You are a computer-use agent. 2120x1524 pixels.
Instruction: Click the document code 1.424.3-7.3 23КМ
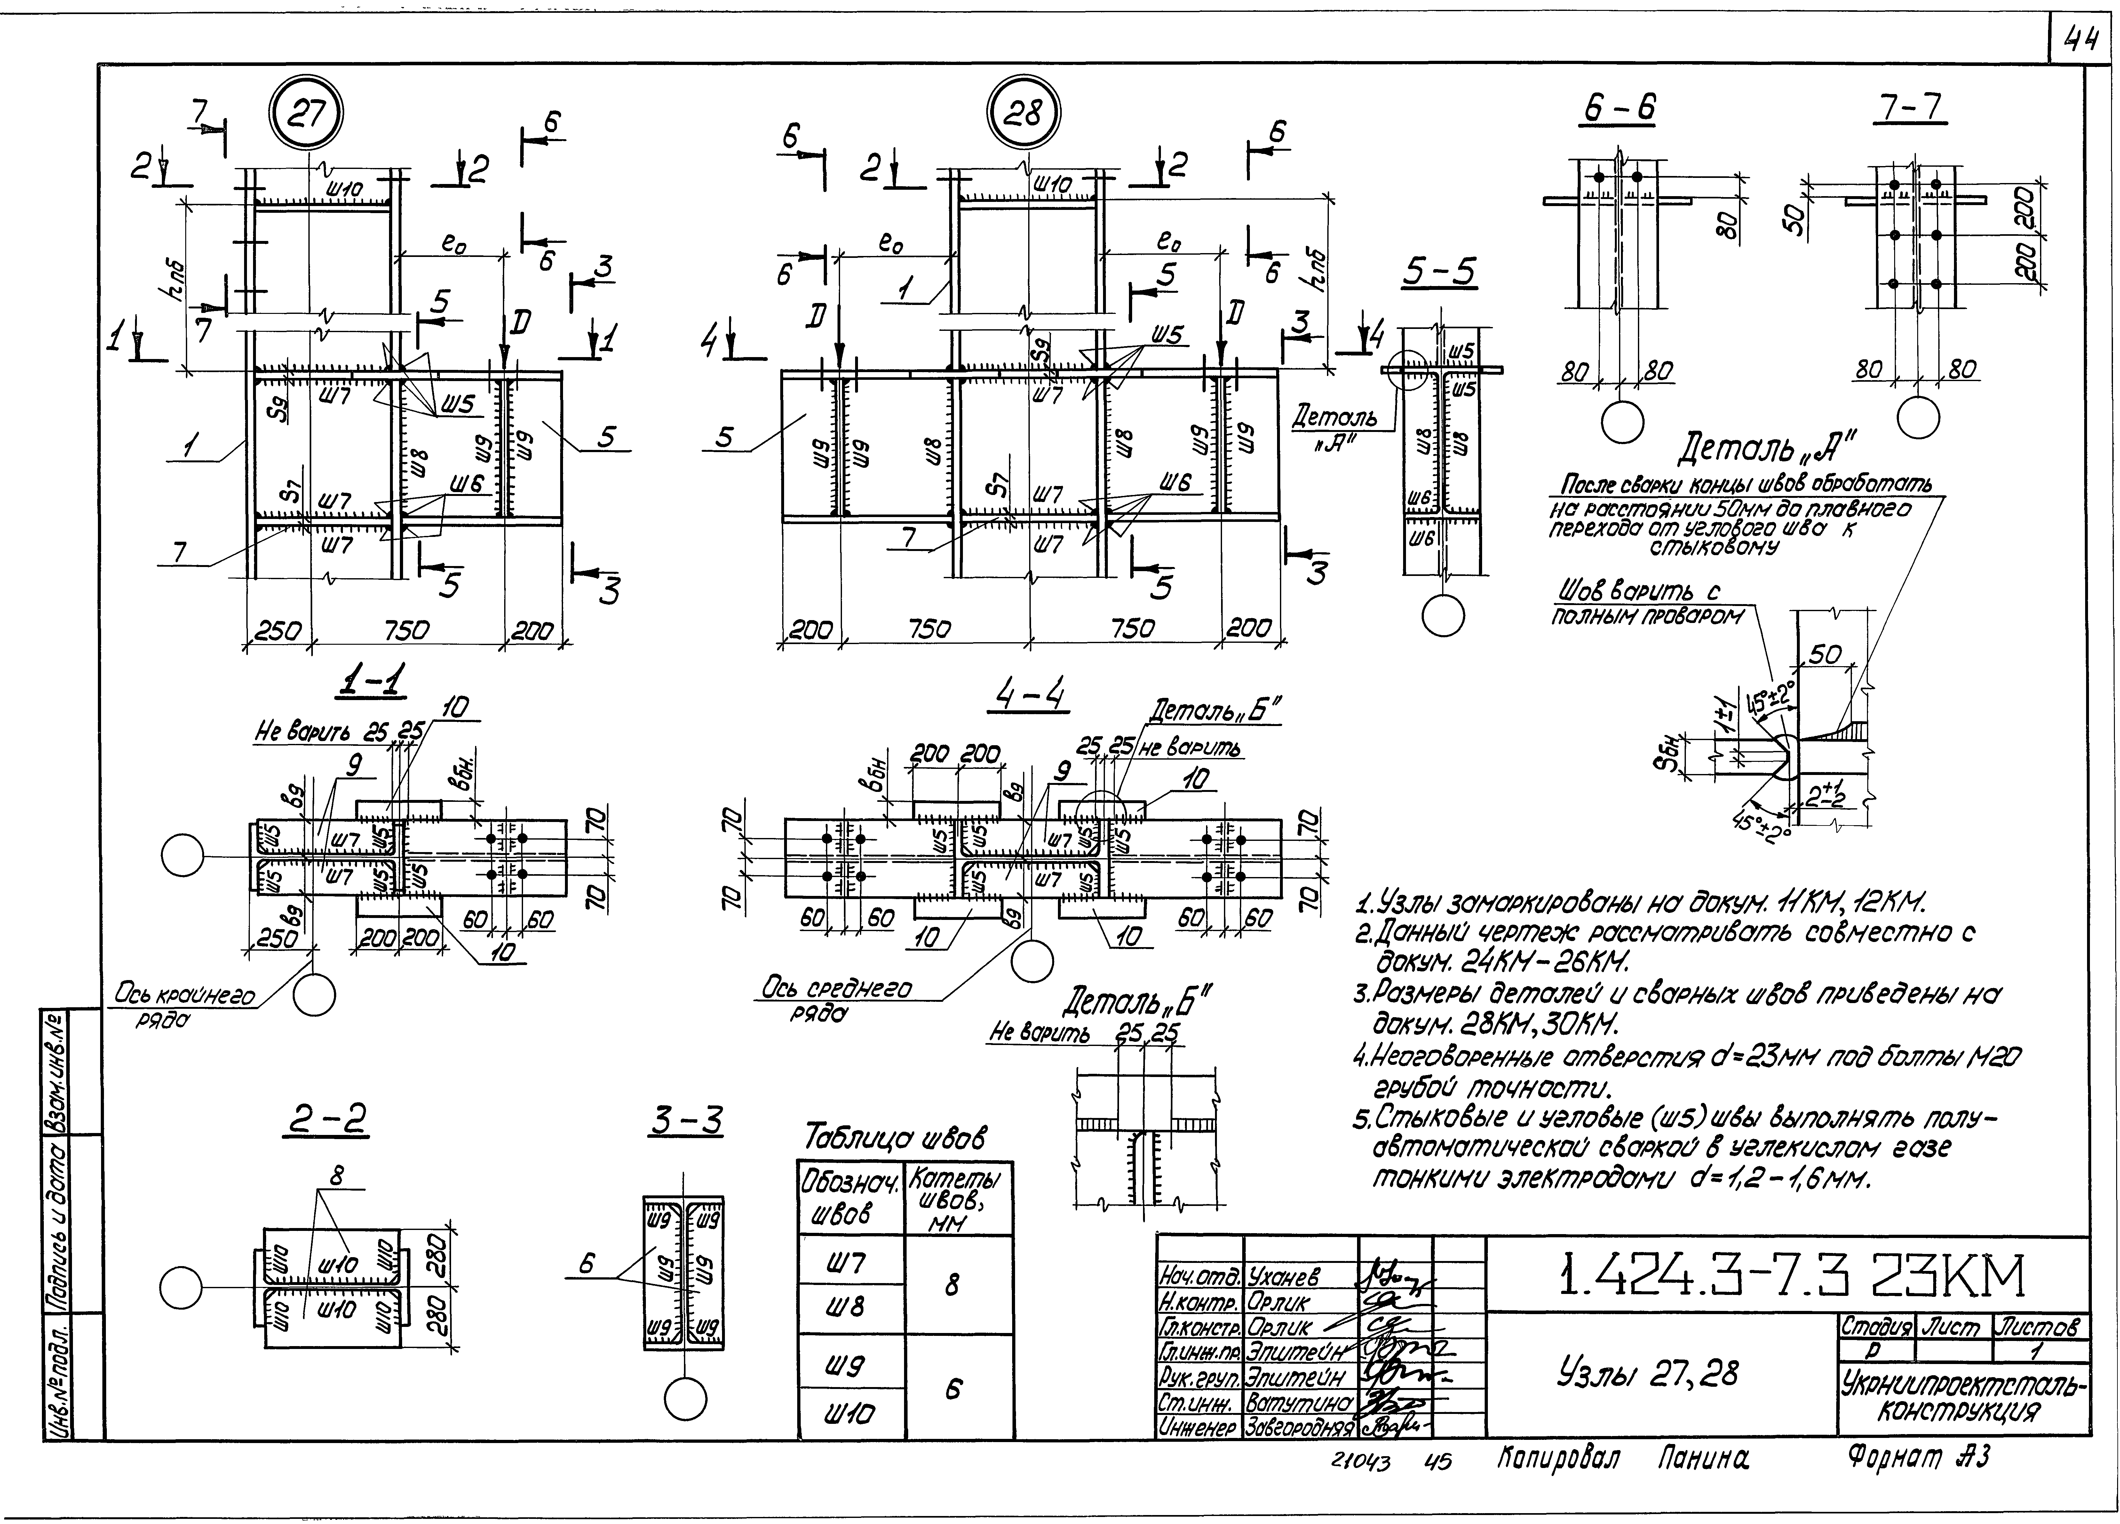(1790, 1276)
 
